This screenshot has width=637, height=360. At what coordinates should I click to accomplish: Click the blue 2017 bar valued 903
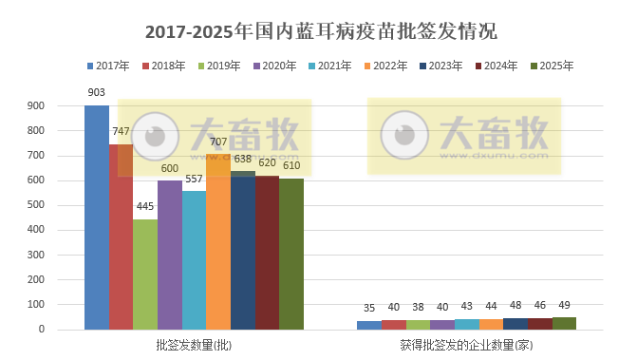click(x=97, y=218)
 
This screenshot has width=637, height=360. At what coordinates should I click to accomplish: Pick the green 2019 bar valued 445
click(x=145, y=275)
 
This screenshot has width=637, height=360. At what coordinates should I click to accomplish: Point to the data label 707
click(x=218, y=142)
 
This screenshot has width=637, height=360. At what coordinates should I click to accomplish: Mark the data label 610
click(x=291, y=166)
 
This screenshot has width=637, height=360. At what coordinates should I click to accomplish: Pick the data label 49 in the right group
click(x=564, y=307)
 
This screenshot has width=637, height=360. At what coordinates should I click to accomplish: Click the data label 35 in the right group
click(x=369, y=308)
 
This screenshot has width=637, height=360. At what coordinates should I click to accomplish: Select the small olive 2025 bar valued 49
click(x=564, y=324)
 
